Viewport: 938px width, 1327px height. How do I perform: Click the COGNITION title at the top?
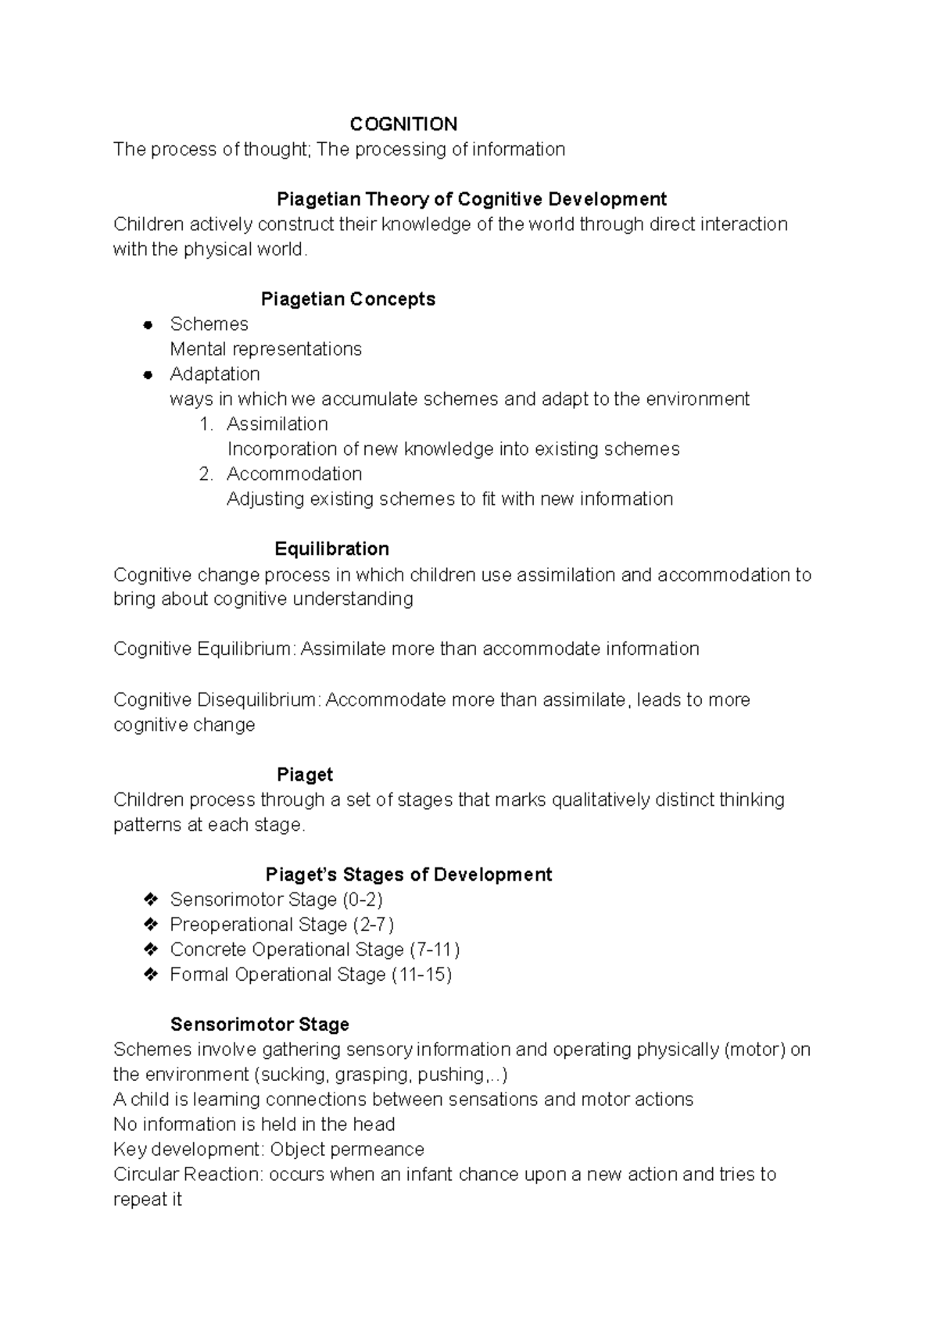[x=403, y=124]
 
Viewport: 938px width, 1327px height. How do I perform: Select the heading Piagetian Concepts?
[x=348, y=299]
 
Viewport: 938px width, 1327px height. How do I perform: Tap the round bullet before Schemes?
[x=147, y=325]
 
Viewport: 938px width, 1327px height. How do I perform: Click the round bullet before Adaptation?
[x=147, y=375]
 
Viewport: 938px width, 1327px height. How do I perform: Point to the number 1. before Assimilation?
[x=206, y=424]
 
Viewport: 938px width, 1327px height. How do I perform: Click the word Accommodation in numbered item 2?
[x=294, y=474]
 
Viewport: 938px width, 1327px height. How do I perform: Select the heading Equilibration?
[x=331, y=549]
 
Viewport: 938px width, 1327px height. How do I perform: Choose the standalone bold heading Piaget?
[x=305, y=774]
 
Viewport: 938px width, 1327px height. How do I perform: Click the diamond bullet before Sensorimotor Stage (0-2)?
[x=151, y=900]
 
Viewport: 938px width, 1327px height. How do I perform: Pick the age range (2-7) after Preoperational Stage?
[x=373, y=925]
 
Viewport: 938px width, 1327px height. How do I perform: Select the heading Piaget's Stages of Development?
[x=408, y=875]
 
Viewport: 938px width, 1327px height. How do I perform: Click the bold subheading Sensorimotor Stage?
[x=260, y=1025]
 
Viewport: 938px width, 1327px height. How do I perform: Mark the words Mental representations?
[x=266, y=349]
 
